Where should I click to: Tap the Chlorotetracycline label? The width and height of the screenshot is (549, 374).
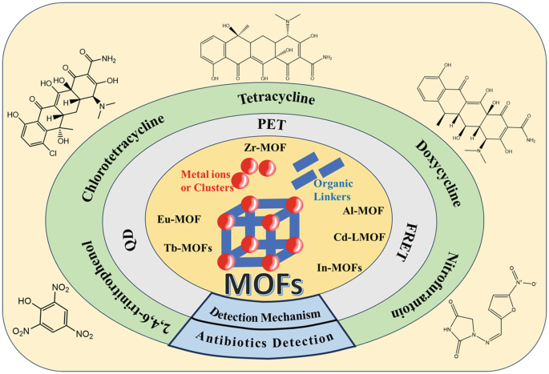pos(129,157)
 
